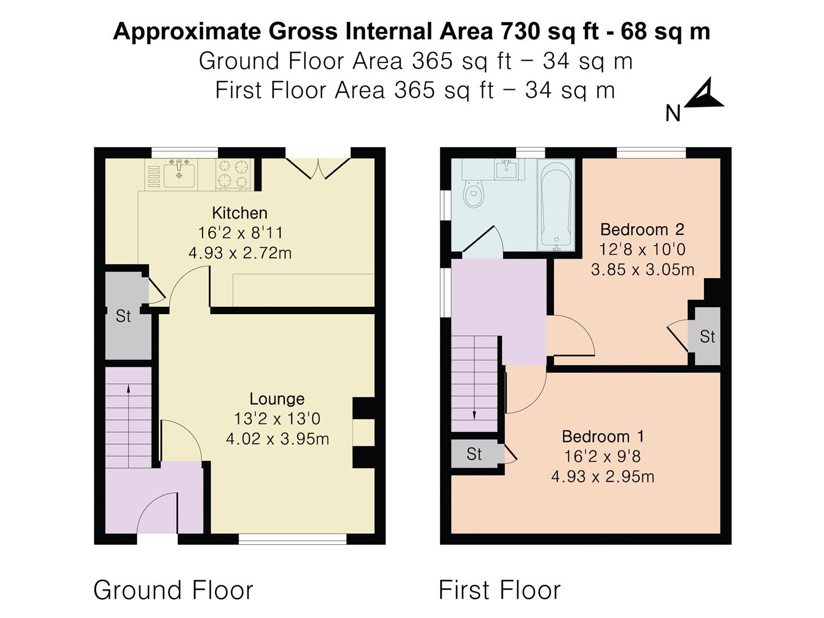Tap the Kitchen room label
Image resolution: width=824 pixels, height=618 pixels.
240,213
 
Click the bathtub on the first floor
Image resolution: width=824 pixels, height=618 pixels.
556,205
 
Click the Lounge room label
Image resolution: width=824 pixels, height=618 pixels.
277,399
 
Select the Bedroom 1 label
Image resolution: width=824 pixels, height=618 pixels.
603,437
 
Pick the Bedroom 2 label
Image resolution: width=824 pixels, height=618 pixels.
642,229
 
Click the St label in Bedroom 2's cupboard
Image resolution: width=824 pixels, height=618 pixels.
707,336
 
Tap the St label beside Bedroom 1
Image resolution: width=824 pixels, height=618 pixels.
474,454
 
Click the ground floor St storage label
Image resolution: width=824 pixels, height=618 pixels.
123,316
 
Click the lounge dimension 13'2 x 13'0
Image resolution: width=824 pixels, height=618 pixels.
277,418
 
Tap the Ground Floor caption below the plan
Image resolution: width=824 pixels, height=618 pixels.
173,590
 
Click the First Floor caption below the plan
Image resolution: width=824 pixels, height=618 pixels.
500,590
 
